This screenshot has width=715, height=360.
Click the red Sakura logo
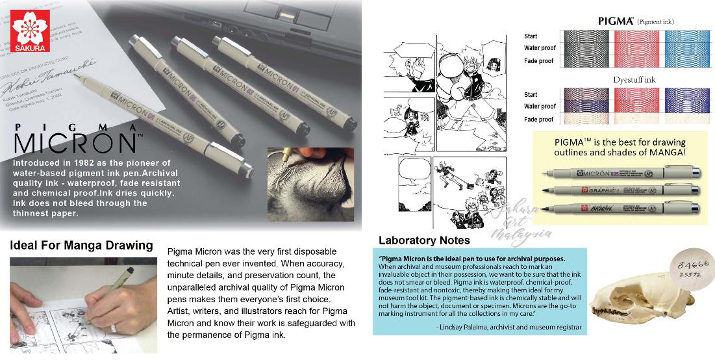[x=31, y=31]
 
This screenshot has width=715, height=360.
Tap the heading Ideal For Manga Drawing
[x=81, y=246]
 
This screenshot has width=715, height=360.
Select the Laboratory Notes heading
[x=424, y=240]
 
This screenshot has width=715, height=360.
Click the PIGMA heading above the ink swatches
[x=615, y=21]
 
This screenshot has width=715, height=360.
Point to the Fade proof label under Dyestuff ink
[x=538, y=120]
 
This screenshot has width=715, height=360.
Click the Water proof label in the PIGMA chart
[x=540, y=48]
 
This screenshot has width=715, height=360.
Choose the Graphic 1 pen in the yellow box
[x=620, y=190]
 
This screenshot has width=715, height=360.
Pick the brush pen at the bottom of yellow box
[x=620, y=209]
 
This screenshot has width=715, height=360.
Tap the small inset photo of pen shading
[x=310, y=184]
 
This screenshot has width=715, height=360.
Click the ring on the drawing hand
[x=114, y=328]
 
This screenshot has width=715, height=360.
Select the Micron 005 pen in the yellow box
[x=620, y=174]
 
